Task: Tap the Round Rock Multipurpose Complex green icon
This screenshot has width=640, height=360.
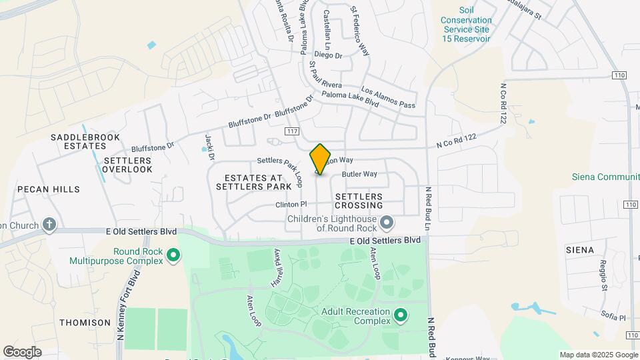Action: click(173, 255)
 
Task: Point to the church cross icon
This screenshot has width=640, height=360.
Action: click(49, 224)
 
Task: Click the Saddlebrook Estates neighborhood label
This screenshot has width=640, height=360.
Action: click(85, 142)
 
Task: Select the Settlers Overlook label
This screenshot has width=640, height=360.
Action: click(128, 165)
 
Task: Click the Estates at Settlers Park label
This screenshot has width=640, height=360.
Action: click(250, 182)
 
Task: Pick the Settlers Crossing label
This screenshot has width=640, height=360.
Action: click(359, 201)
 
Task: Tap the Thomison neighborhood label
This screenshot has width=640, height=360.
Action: click(85, 323)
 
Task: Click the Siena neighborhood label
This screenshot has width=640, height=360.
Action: click(579, 250)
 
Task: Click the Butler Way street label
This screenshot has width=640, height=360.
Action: click(359, 174)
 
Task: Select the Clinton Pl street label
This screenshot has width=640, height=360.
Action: click(291, 205)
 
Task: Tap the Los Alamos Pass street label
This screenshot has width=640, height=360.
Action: click(388, 97)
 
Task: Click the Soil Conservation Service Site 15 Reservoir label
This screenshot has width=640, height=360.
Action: click(465, 25)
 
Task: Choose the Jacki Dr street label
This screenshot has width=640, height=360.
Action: click(209, 148)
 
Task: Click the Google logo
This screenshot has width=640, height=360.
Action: click(23, 351)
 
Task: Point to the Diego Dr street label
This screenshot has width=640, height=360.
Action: click(327, 55)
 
